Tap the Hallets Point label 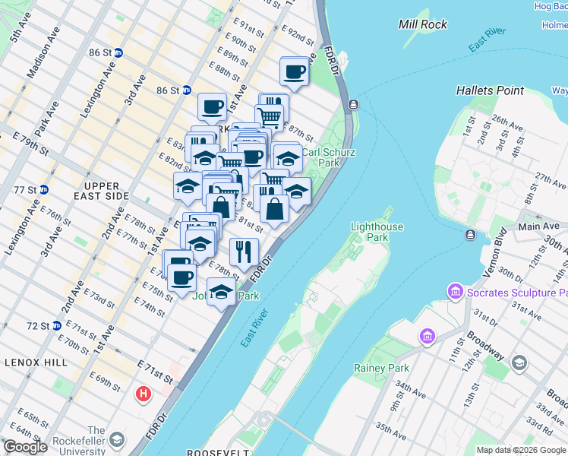(x=490, y=90)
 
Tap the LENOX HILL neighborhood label (x=36, y=363)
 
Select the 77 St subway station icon (x=43, y=189)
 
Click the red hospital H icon (x=143, y=394)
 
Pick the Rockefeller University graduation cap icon (x=117, y=440)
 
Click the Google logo (x=25, y=447)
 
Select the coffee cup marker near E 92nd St (x=294, y=72)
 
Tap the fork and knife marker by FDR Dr (x=244, y=252)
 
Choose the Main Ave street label (x=539, y=226)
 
